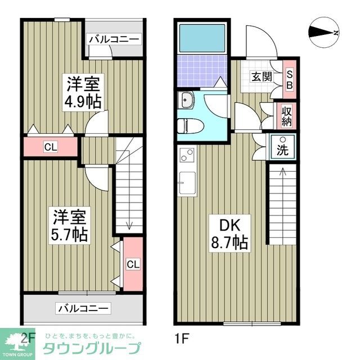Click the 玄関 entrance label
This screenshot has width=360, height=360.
coord(259,76)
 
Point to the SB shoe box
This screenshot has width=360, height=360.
coord(290,79)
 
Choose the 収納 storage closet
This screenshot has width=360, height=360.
coord(286,115)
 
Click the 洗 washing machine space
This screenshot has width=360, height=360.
coord(282,147)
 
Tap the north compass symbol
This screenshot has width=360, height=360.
coord(324,33)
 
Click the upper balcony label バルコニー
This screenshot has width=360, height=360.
coord(114,39)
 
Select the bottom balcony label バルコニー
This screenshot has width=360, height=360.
coord(84,308)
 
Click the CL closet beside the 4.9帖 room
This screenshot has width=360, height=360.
coord(51,148)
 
